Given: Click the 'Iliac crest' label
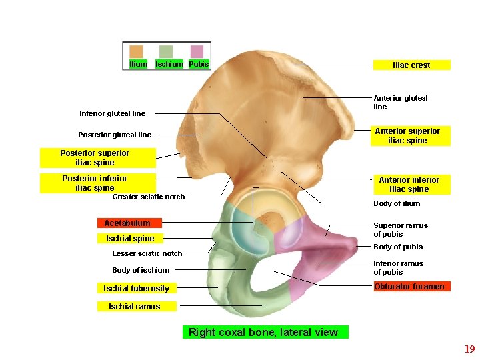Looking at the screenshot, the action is (411, 65).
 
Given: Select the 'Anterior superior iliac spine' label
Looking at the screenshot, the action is (407, 136).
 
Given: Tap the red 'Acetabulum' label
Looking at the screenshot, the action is (127, 223).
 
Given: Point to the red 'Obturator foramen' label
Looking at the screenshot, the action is (409, 287).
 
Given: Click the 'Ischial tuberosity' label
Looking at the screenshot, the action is (136, 289).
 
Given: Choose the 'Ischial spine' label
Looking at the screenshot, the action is (129, 239).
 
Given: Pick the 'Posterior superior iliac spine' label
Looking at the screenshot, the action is (95, 158).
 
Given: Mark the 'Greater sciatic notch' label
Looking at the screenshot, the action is (148, 197).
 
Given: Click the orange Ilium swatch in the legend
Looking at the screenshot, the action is (136, 52).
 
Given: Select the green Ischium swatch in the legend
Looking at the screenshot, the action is (166, 52).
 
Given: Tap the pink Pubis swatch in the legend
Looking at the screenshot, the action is (197, 52).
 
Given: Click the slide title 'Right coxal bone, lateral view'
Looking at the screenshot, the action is (263, 332).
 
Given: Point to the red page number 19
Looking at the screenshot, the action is (469, 349).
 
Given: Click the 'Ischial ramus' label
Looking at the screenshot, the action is (134, 307).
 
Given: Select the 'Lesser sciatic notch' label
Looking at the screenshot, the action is (147, 253).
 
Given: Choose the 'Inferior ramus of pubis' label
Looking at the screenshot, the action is (397, 268).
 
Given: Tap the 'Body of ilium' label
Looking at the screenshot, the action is (397, 203).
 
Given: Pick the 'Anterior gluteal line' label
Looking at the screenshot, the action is (400, 102).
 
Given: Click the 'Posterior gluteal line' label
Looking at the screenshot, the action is (115, 135).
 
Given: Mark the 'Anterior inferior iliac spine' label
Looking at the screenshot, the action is (409, 185).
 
